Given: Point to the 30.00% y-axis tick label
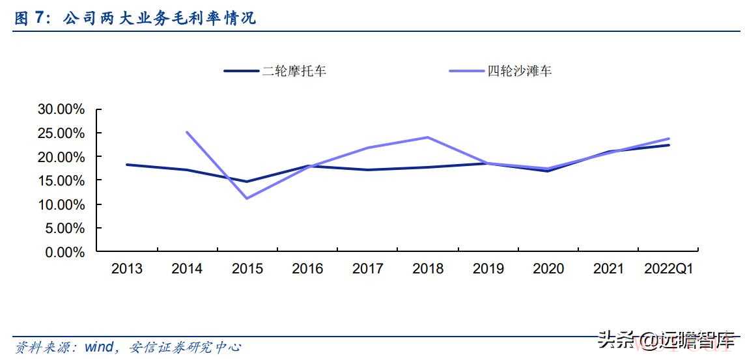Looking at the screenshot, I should (61, 109).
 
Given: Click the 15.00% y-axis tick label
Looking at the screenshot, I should (61, 180).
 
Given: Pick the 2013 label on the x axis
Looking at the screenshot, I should (127, 269).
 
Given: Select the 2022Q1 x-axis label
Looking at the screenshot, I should (668, 269).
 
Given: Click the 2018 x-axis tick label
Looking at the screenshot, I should (428, 269).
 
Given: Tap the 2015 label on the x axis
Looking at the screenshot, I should (247, 269).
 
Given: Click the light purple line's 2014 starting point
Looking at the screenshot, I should (187, 132).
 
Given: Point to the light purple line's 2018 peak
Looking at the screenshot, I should (428, 137).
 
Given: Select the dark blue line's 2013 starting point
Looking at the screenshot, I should (127, 165).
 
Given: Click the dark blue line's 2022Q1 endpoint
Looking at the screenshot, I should (668, 145).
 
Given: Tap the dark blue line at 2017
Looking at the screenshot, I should (368, 170).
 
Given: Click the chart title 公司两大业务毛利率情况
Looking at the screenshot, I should (160, 19).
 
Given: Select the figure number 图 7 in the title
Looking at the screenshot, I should (31, 19).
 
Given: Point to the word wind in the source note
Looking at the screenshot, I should (100, 347).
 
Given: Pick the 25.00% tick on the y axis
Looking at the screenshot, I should (61, 133).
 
